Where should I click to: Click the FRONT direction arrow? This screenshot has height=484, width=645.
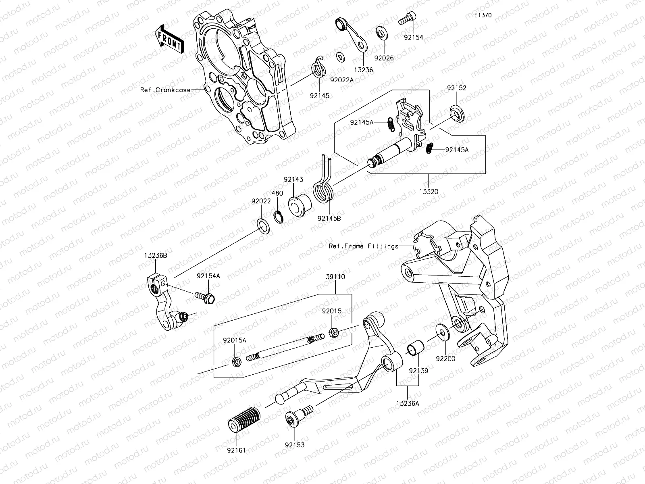(169, 39)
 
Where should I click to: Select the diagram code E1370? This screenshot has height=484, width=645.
(483, 16)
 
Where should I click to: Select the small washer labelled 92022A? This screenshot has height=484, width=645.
(340, 57)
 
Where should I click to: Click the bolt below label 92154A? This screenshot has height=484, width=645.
(206, 298)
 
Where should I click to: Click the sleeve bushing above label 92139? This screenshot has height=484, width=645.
(415, 348)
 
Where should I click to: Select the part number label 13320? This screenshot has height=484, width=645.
(429, 192)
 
